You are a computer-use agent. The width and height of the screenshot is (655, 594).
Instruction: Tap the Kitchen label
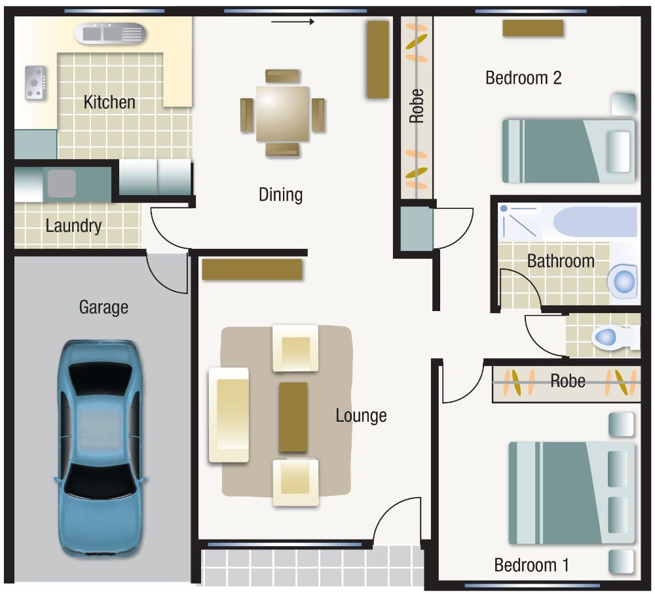(x=109, y=102)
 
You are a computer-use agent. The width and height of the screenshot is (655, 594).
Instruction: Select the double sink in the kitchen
(x=109, y=33)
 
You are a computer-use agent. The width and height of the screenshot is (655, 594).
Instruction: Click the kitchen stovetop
(x=35, y=83)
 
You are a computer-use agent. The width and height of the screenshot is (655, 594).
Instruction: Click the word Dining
(x=280, y=195)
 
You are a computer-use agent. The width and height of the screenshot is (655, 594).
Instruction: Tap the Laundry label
(x=73, y=227)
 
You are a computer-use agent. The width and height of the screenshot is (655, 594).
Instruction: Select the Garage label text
(x=103, y=306)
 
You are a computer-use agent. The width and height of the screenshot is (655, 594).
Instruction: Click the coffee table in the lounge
(x=293, y=417)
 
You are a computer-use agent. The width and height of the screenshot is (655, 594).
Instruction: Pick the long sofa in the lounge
(x=229, y=415)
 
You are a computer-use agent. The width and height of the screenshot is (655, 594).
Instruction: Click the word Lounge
(x=361, y=415)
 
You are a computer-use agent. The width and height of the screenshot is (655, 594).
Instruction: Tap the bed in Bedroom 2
(x=568, y=151)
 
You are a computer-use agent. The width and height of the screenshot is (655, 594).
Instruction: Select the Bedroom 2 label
(x=523, y=78)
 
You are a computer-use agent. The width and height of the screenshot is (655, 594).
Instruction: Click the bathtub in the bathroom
(x=595, y=221)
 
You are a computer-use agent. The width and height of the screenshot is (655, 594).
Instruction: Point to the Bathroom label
(x=561, y=261)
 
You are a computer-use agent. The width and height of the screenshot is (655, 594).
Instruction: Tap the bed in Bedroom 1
(x=571, y=492)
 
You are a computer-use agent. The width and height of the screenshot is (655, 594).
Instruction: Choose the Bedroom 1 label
(x=531, y=565)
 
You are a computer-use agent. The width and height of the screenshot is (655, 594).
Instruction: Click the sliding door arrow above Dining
(x=293, y=22)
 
